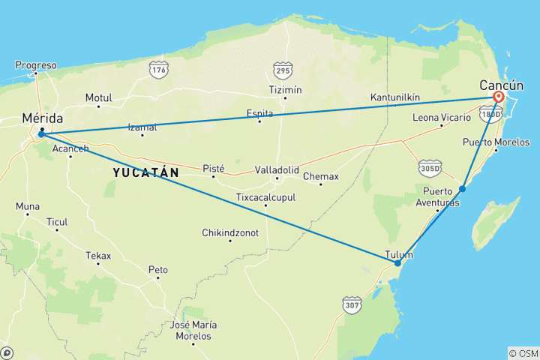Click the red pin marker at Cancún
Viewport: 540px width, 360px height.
(499, 97)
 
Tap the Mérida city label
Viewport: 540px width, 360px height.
(43, 118)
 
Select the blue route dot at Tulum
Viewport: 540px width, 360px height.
(397, 263)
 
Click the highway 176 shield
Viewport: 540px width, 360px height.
(158, 70)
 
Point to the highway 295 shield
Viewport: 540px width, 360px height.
(282, 70)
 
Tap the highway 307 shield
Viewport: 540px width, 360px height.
(352, 305)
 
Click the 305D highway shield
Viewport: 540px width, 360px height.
(430, 166)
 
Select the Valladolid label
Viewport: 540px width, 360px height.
(277, 169)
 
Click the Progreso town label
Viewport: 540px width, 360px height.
(36, 65)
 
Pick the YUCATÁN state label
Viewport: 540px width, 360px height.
(145, 172)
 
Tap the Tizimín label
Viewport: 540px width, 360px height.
(285, 90)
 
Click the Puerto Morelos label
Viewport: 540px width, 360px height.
(496, 142)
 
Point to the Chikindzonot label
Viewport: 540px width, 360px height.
(230, 233)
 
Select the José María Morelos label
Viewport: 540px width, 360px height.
(193, 330)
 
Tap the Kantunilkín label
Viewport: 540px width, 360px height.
(395, 98)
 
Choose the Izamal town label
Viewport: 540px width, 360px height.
(142, 127)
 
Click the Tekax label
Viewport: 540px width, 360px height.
(98, 256)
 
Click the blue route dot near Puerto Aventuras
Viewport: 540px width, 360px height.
(463, 188)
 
